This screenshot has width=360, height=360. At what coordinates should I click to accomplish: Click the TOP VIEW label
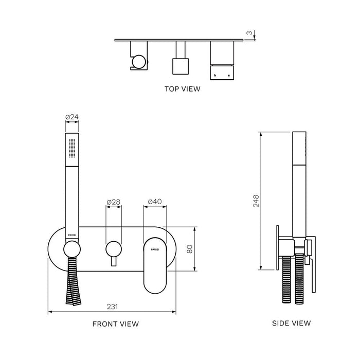tap(182, 88)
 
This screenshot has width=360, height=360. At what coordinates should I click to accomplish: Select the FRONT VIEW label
tap(115, 324)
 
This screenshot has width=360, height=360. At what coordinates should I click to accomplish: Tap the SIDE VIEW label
tap(291, 323)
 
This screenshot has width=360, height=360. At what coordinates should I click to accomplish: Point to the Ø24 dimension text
tap(72, 117)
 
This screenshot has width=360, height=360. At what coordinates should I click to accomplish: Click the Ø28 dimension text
tap(113, 202)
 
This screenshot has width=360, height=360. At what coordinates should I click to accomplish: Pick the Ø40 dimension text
tap(155, 202)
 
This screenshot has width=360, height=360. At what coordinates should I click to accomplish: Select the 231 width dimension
tap(112, 307)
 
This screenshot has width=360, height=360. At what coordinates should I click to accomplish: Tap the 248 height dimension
tap(256, 200)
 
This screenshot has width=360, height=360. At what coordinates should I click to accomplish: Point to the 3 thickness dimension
tap(249, 33)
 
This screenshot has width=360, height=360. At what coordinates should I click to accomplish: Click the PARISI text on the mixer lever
tap(155, 249)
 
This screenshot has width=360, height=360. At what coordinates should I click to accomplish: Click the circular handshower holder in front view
tap(72, 250)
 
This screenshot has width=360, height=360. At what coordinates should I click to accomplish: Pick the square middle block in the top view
tap(179, 67)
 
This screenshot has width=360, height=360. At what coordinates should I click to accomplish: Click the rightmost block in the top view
tap(222, 60)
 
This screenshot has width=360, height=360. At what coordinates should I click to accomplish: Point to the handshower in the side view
tap(299, 185)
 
